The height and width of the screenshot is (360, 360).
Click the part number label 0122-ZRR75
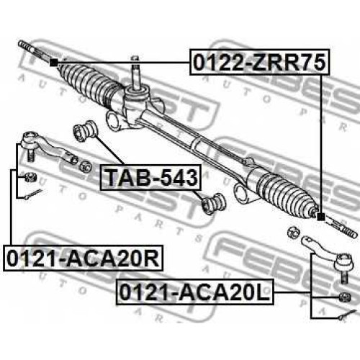coord(259,62)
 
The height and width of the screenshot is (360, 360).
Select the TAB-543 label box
coord(150,177)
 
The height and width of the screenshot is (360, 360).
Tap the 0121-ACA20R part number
coord(83,258)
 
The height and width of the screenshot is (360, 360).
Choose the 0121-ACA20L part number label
coord(194,292)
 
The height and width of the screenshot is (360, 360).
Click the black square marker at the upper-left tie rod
coord(53,63)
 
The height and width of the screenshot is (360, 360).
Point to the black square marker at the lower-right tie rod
coord(320,217)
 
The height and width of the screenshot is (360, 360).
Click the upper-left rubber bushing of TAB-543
coord(85,131)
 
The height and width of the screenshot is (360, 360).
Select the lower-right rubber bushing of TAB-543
coord(214,203)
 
